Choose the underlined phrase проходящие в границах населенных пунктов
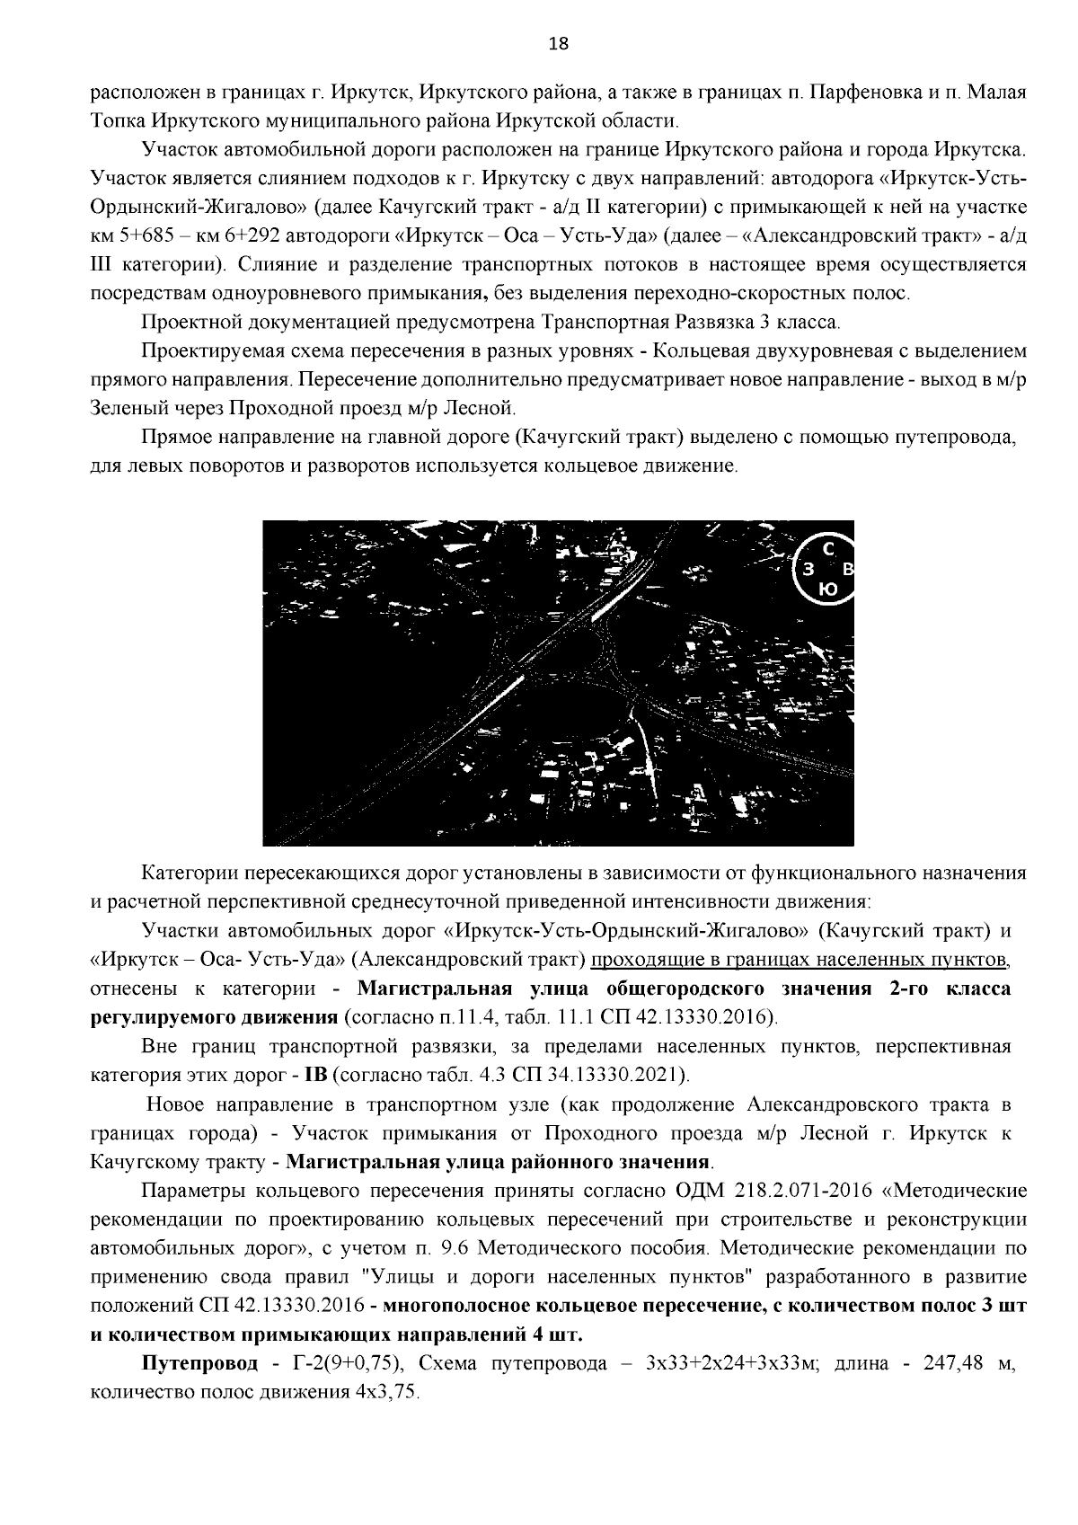coord(800,961)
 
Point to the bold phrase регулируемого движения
coord(213,1018)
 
